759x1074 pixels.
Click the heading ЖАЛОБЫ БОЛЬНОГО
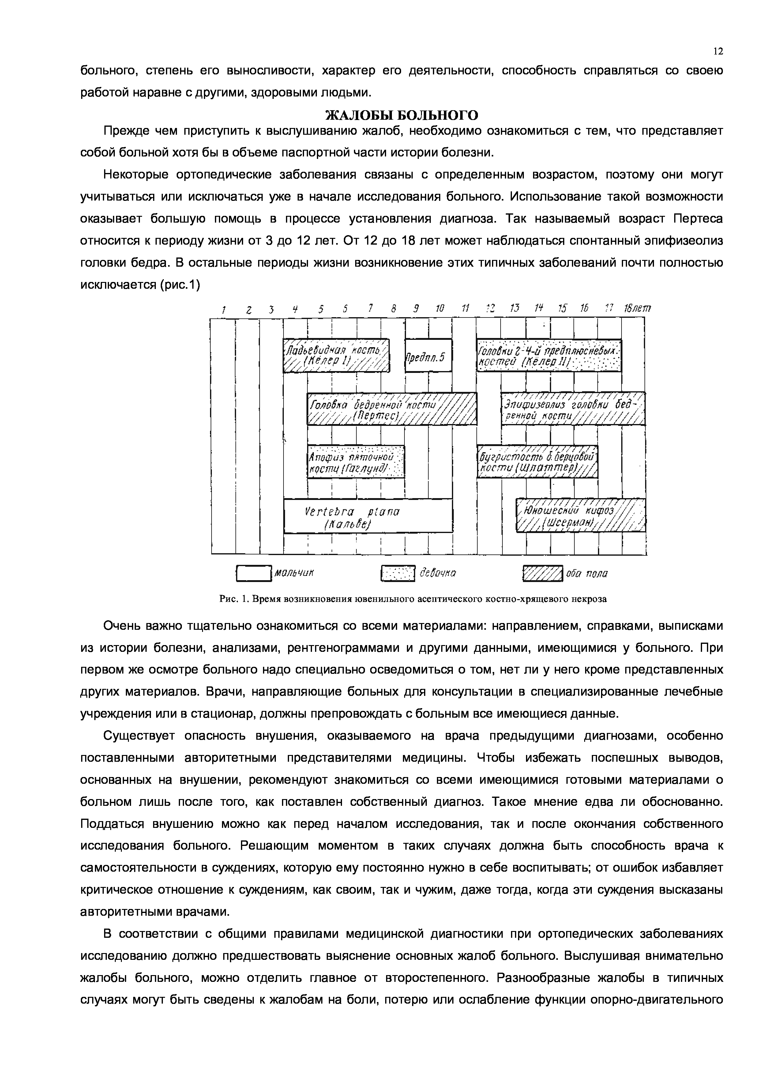click(x=401, y=115)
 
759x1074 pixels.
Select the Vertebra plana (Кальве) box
click(x=368, y=516)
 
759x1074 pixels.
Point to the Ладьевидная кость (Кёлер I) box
click(x=336, y=355)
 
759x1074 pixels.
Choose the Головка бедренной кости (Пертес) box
click(x=392, y=408)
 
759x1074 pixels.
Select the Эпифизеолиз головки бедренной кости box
click(x=573, y=408)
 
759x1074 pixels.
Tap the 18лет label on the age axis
click(x=637, y=309)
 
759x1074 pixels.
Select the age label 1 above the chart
click(x=224, y=309)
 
